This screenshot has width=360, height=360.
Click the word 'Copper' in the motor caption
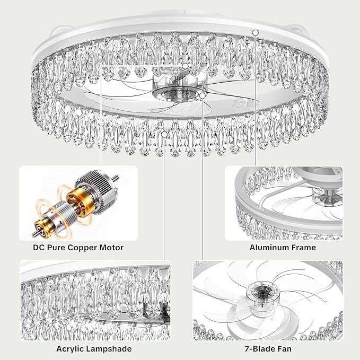pyautogui.click(x=82, y=248)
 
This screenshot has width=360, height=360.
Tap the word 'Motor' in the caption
pyautogui.click(x=111, y=248)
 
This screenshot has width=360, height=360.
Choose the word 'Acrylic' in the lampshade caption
pyautogui.click(x=71, y=349)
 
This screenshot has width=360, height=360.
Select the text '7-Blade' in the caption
pyautogui.click(x=260, y=349)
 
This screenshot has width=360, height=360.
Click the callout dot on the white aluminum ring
pyautogui.click(x=256, y=33)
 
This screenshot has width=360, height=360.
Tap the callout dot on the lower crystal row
pyautogui.click(x=164, y=135)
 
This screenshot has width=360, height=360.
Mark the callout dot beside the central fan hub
pyautogui.click(x=203, y=96)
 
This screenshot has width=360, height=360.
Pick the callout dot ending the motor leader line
pyautogui.click(x=185, y=66)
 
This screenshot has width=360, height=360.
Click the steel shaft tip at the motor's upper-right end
pyautogui.click(x=116, y=178)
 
